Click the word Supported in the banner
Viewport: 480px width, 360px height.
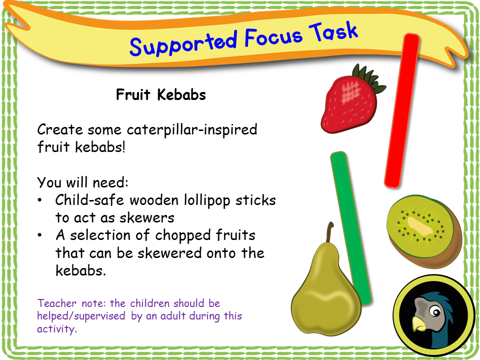point(182,43)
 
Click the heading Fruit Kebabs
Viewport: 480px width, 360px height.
point(160,95)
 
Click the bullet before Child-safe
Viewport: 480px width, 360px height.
point(40,201)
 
